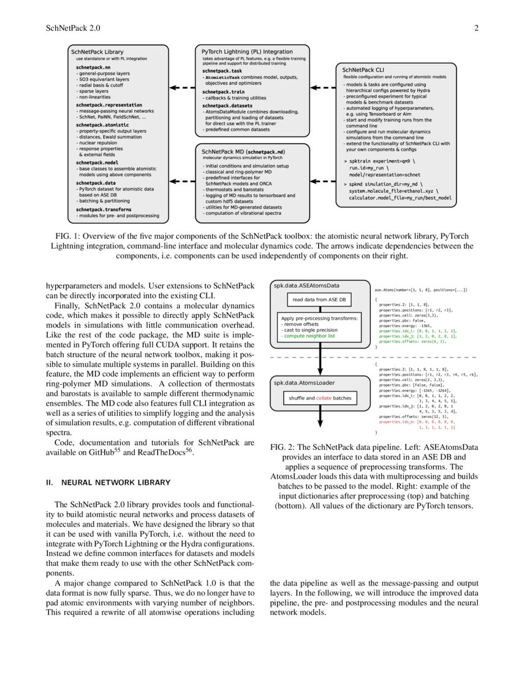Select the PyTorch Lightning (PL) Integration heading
[247, 52]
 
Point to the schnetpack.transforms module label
[105, 209]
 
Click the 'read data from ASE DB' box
[319, 300]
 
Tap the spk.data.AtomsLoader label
[303, 383]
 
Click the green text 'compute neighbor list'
[310, 337]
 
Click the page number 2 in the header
[475, 28]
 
